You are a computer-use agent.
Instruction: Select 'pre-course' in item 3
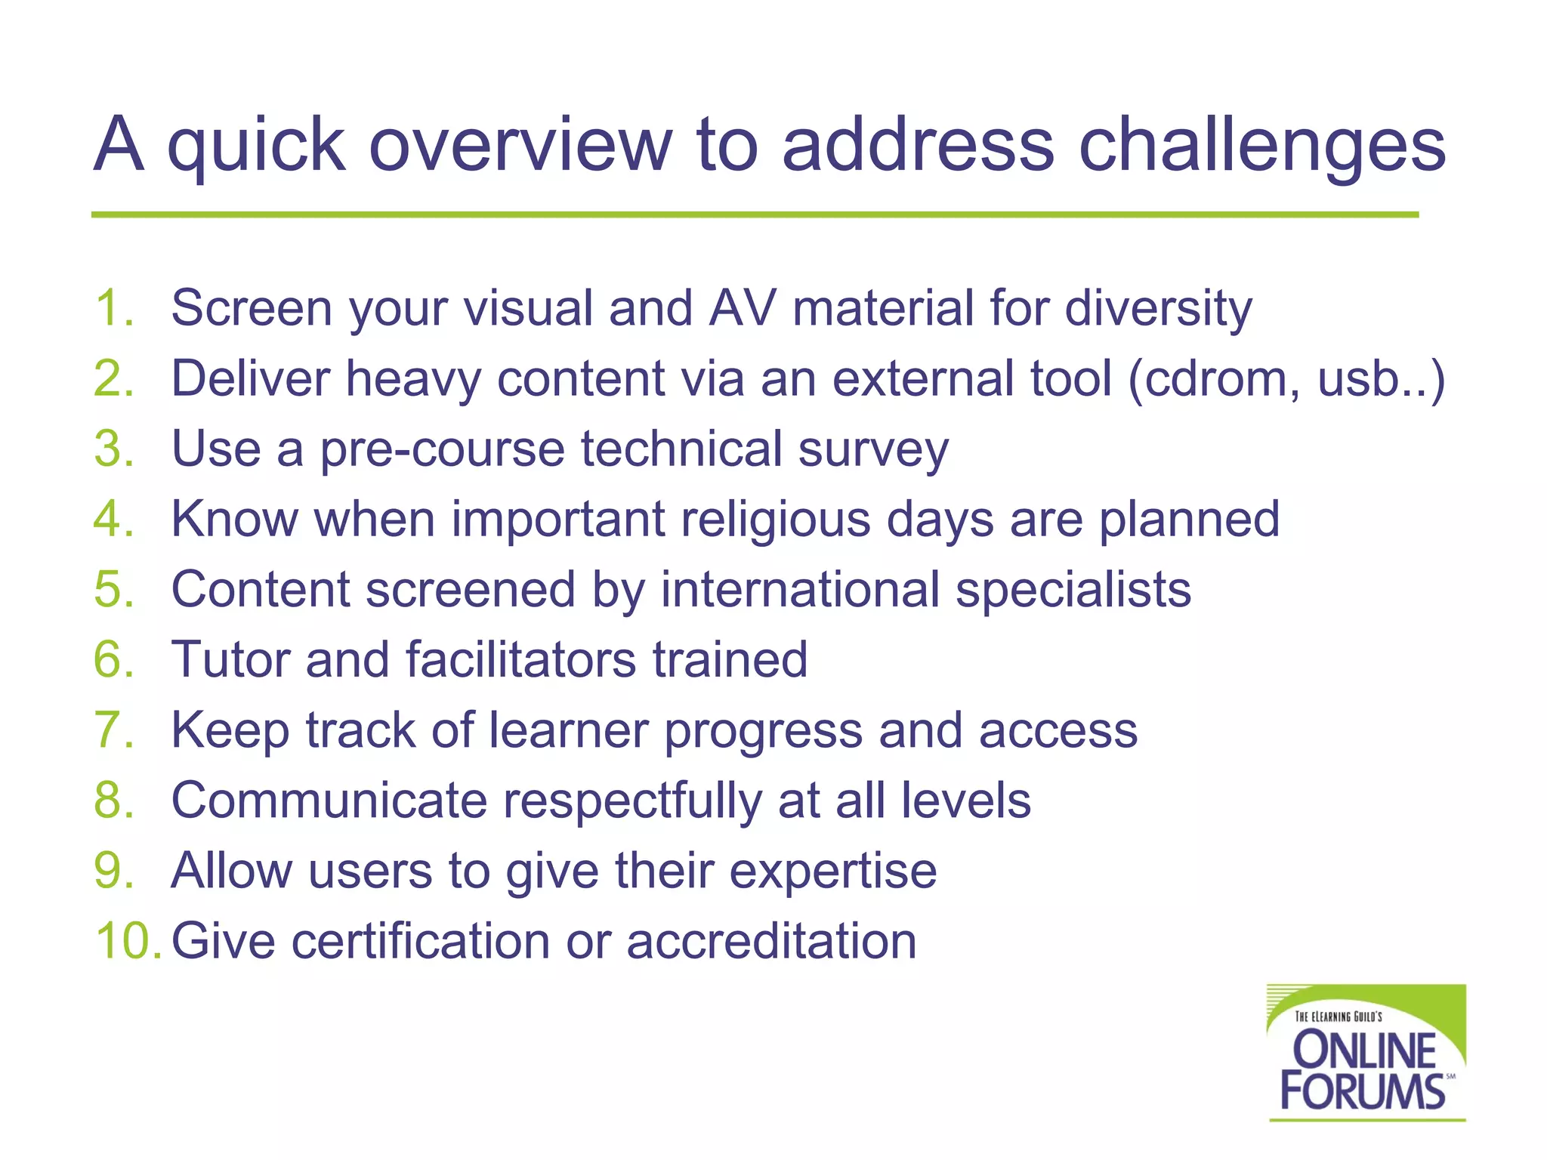(442, 449)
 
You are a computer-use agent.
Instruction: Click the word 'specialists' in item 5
(1073, 590)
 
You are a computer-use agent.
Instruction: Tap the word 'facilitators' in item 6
(520, 659)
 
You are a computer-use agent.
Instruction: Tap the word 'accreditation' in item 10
(770, 941)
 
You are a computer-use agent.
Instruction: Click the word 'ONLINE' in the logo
(1364, 1050)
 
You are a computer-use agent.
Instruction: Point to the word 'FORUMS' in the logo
(1362, 1091)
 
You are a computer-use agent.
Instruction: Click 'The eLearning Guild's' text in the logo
(1338, 1017)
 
